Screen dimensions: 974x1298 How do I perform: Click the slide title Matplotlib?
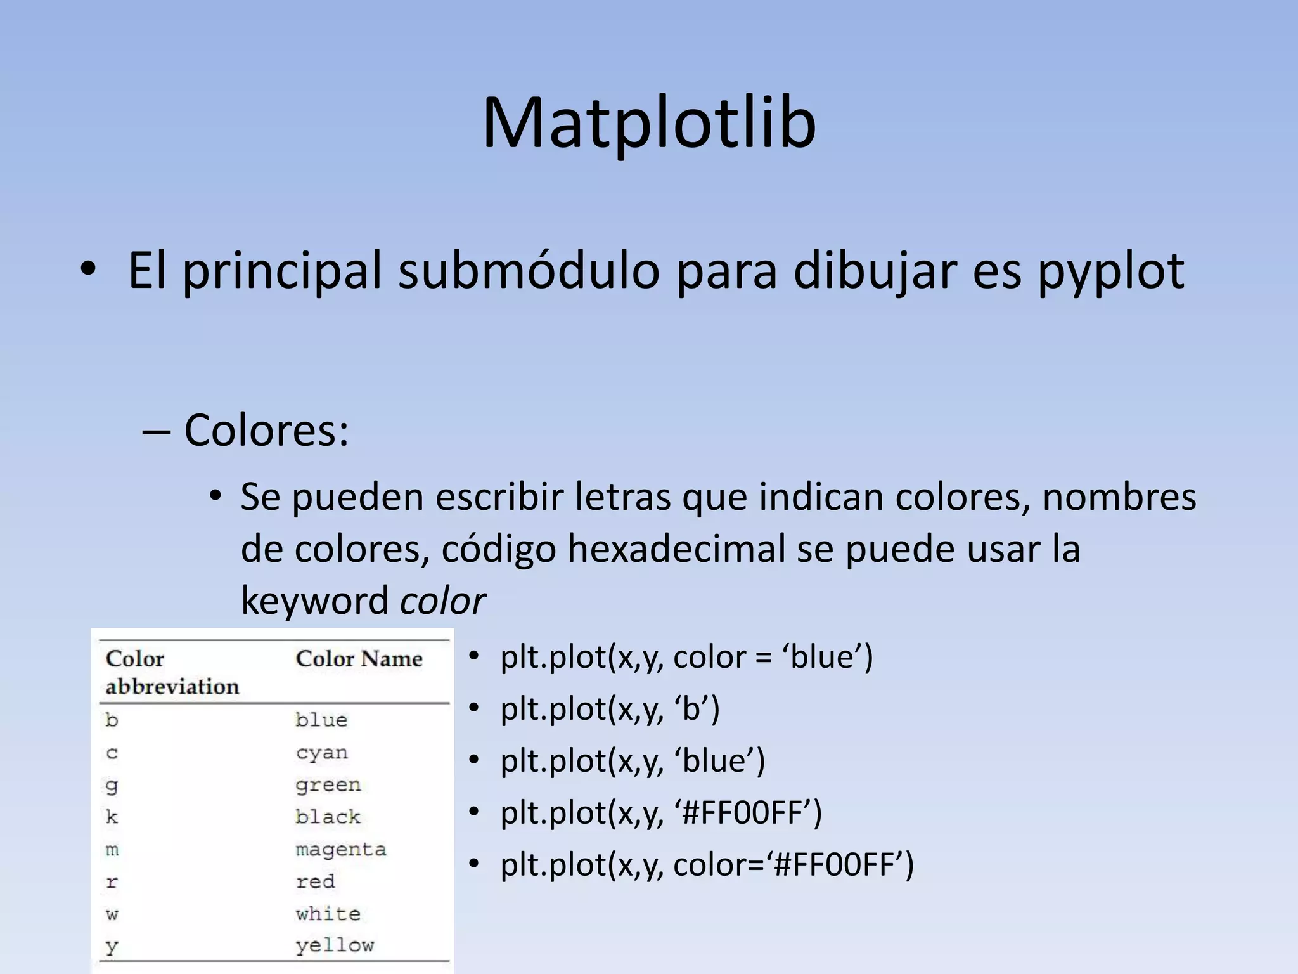point(649,123)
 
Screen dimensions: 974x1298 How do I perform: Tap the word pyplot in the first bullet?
point(1110,271)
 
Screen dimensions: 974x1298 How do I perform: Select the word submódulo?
point(529,271)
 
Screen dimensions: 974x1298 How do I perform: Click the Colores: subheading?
point(266,431)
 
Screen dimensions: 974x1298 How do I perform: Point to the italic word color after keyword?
point(443,601)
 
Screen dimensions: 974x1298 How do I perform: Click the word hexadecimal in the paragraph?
point(676,549)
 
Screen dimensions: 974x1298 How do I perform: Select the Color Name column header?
point(359,659)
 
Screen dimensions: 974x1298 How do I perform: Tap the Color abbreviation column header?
point(172,672)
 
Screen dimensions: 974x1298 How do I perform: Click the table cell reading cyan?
point(321,753)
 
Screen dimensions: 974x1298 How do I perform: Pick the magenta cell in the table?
point(340,849)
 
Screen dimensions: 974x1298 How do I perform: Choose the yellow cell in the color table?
point(335,945)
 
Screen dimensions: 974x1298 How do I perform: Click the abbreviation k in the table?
point(112,817)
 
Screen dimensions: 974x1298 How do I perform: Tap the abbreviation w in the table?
point(112,914)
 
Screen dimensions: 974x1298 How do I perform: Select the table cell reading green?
point(328,786)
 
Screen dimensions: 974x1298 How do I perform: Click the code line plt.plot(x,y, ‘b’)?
point(610,709)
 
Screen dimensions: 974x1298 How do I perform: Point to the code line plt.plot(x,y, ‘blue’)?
point(633,761)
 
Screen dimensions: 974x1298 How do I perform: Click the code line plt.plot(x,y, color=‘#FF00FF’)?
point(707,865)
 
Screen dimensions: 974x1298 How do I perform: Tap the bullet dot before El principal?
point(88,270)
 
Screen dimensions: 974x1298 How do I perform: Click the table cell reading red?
point(315,881)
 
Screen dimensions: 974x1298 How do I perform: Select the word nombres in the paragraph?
point(1119,497)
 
